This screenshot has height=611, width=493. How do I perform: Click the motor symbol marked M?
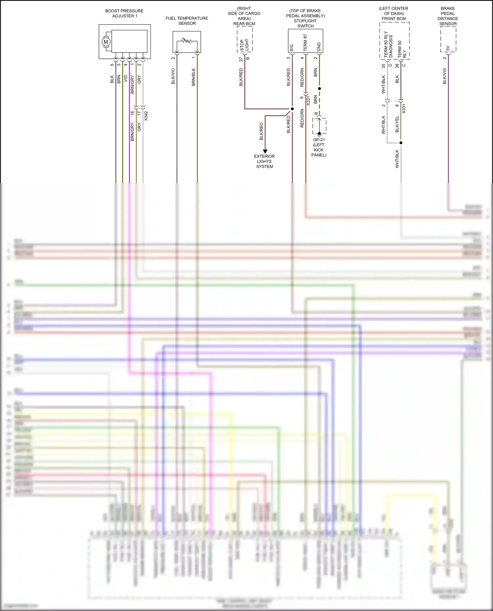point(106,42)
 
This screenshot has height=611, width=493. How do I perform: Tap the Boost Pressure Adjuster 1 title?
point(124,13)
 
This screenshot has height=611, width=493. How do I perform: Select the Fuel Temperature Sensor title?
point(187,21)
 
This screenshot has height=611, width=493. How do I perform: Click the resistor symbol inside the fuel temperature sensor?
point(187,41)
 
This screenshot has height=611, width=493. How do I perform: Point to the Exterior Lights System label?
point(265,161)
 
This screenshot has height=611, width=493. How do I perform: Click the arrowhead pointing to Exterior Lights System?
point(265,151)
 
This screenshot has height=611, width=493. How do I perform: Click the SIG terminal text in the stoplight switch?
point(292,48)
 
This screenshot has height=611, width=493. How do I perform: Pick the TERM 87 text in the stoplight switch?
point(305,43)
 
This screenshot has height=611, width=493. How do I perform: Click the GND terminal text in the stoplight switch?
point(319,47)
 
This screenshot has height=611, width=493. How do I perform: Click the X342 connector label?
point(146,116)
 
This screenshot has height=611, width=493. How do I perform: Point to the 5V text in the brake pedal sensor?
point(448,49)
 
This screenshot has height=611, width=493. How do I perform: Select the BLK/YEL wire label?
point(397,124)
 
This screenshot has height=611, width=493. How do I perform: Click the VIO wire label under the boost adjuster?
point(126,79)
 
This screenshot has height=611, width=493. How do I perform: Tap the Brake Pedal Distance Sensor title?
point(448,16)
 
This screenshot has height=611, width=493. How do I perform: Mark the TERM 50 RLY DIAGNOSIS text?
point(388,45)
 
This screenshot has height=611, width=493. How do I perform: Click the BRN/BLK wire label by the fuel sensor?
point(194,77)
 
